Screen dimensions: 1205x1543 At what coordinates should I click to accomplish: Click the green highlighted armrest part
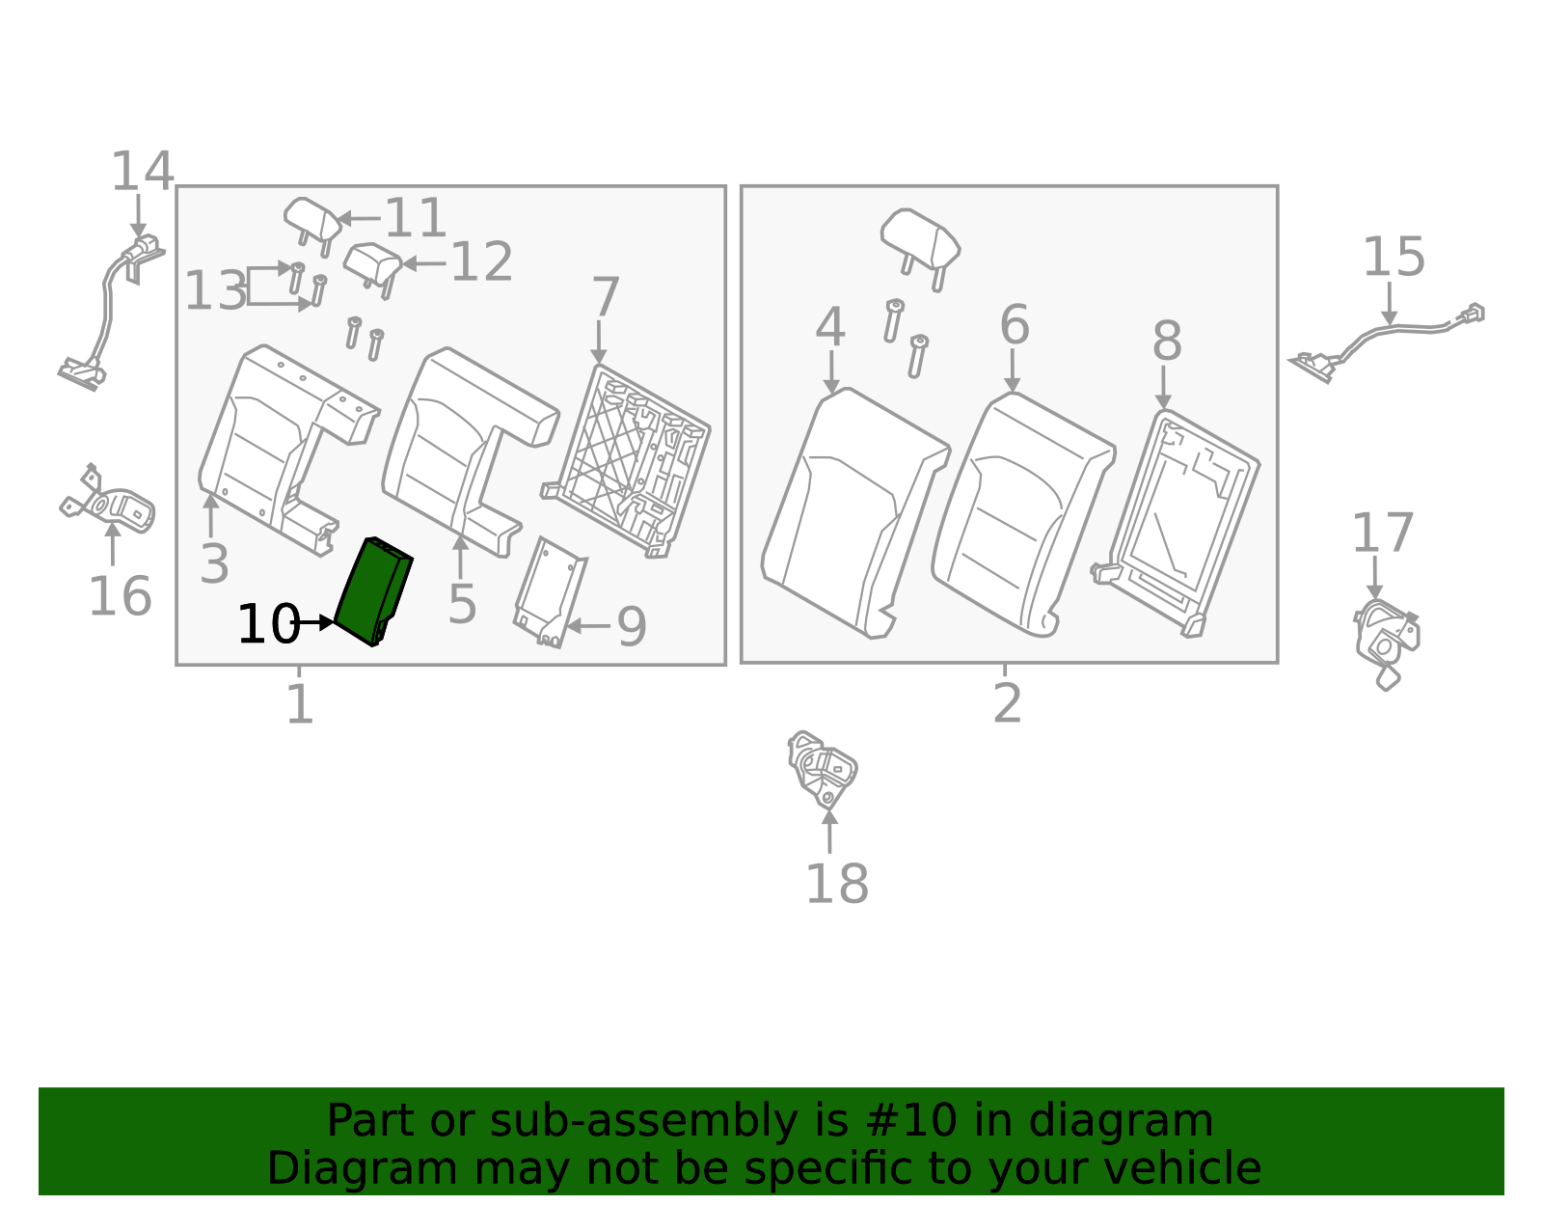pos(371,590)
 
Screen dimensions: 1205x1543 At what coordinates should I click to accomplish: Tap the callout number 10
pos(267,625)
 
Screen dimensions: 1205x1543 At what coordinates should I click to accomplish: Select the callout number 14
pos(142,173)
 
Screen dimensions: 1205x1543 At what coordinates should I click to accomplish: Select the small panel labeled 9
pos(549,591)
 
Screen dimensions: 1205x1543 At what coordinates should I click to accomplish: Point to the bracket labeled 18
pos(822,769)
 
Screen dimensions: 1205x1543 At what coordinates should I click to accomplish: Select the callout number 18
pos(836,884)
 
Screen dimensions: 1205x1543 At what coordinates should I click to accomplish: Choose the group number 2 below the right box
pos(1007,703)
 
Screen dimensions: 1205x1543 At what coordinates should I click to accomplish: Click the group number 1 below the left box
pos(300,704)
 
